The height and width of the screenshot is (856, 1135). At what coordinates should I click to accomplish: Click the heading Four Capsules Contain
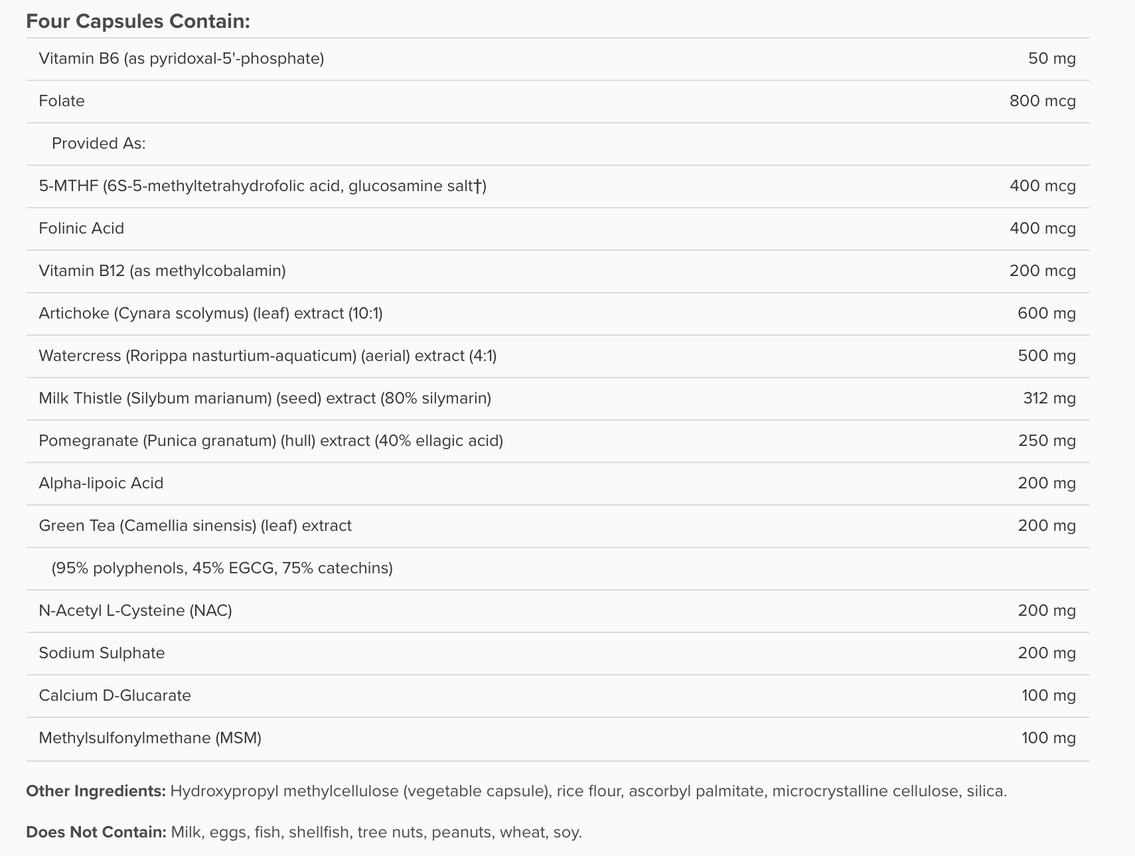pyautogui.click(x=137, y=21)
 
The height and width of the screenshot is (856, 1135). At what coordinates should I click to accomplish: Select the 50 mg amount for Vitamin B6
pyautogui.click(x=1051, y=58)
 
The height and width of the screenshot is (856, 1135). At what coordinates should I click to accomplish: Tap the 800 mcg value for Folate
pyautogui.click(x=1042, y=101)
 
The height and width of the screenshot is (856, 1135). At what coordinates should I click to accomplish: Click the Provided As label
pyautogui.click(x=98, y=143)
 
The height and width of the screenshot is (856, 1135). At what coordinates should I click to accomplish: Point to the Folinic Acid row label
pyautogui.click(x=81, y=228)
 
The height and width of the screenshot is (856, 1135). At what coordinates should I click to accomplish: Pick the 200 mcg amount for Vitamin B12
pyautogui.click(x=1042, y=271)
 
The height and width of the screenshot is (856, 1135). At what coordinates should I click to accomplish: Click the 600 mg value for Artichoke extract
pyautogui.click(x=1046, y=313)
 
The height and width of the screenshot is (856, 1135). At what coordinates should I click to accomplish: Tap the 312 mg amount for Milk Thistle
pyautogui.click(x=1049, y=398)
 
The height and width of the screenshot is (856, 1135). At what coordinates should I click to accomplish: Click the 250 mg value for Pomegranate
pyautogui.click(x=1046, y=441)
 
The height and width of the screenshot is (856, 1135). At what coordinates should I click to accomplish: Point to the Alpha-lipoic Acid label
pyautogui.click(x=101, y=483)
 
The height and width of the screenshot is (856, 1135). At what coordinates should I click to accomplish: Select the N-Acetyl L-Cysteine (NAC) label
pyautogui.click(x=135, y=610)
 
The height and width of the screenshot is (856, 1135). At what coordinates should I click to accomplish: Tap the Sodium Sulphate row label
pyautogui.click(x=102, y=653)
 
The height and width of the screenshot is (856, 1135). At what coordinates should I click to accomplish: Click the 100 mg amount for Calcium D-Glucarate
pyautogui.click(x=1048, y=695)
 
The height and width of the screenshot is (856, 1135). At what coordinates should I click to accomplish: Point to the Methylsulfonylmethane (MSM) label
pyautogui.click(x=150, y=738)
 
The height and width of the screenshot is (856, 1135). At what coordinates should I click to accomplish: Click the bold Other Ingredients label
pyautogui.click(x=96, y=791)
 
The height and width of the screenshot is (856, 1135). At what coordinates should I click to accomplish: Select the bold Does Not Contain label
pyautogui.click(x=96, y=832)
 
